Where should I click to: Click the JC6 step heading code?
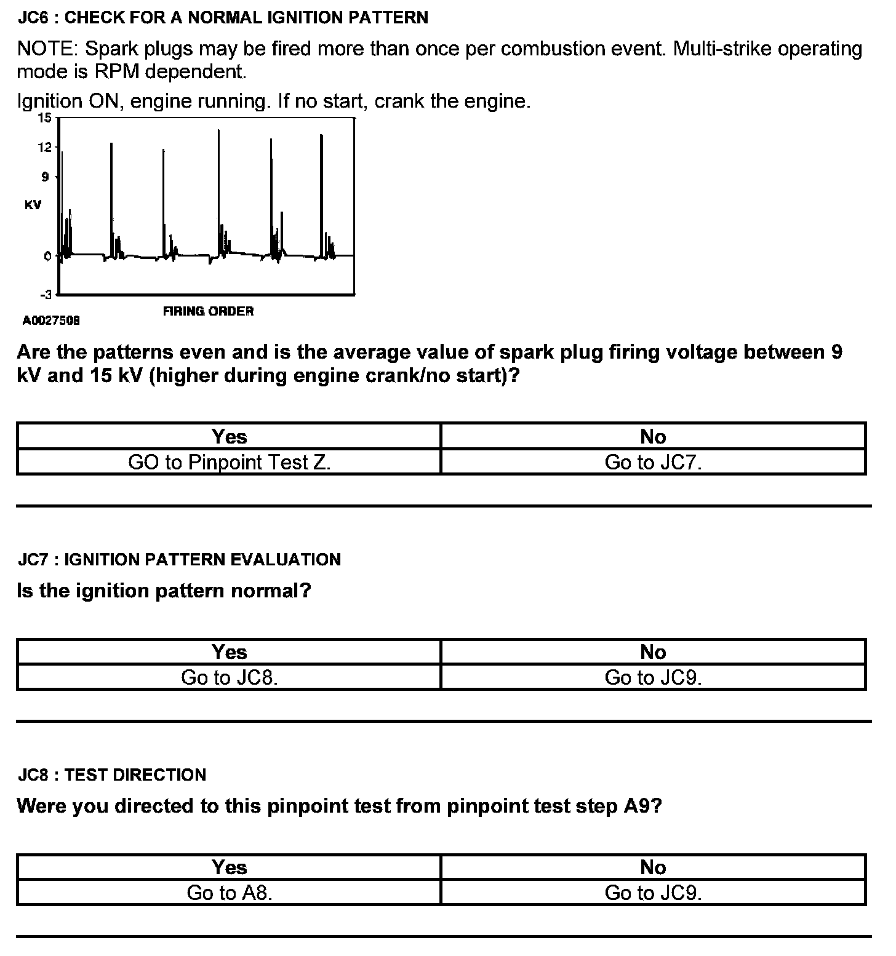coord(33,17)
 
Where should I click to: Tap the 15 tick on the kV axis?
coord(45,118)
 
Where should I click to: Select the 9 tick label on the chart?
coord(45,177)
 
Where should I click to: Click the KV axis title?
coord(33,205)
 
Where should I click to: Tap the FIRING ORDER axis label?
coord(208,311)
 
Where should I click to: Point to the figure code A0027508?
coord(52,321)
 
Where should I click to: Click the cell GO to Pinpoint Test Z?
coord(229,462)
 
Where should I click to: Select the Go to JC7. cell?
coord(653,462)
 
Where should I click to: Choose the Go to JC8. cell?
coord(229,677)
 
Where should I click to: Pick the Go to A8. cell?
coord(229,893)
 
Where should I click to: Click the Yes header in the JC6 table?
coord(229,436)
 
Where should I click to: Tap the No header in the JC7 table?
coord(653,651)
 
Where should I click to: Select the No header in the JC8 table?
coord(653,867)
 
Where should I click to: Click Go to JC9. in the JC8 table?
coord(653,893)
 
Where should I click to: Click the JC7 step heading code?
coord(33,559)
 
